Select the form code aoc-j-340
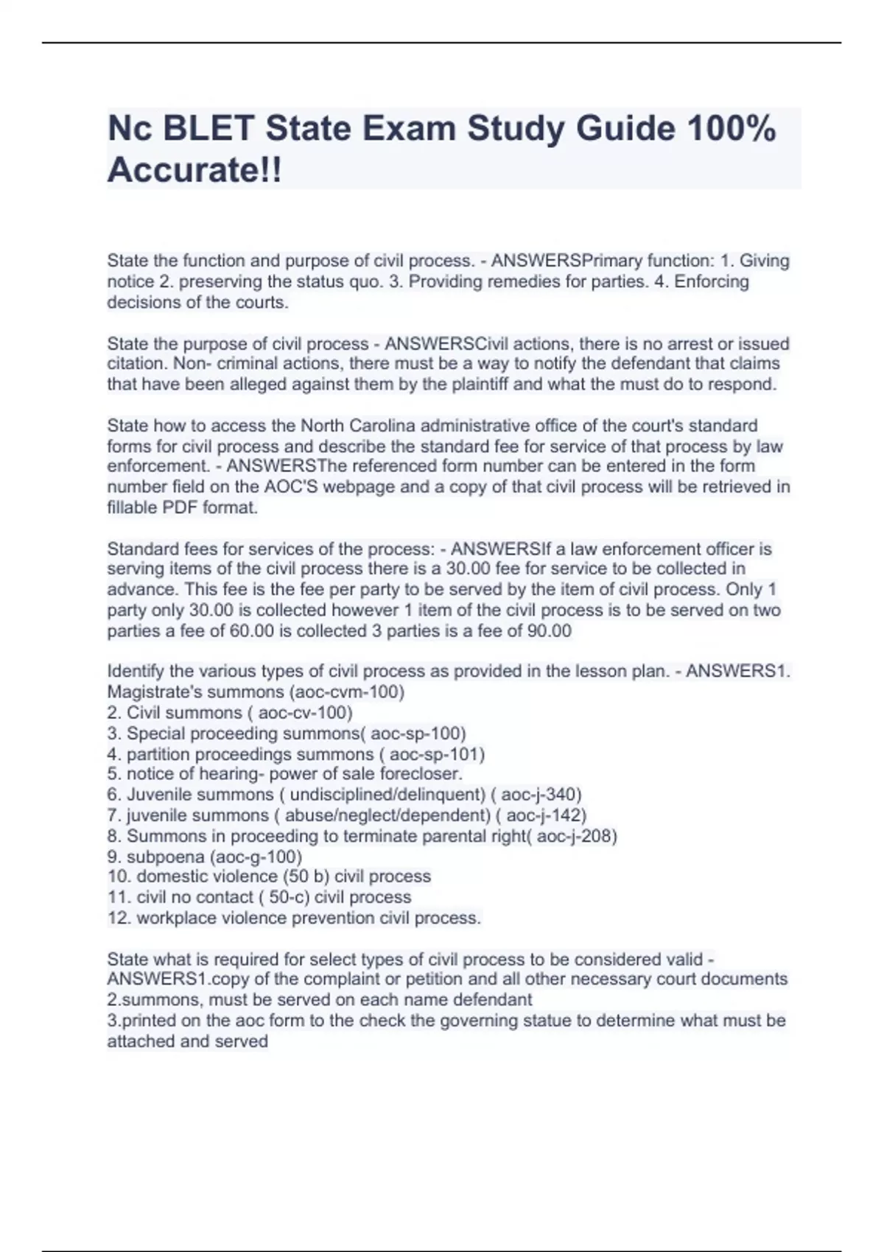[x=540, y=795]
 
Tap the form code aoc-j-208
[x=575, y=836]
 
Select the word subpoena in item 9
[x=166, y=857]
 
